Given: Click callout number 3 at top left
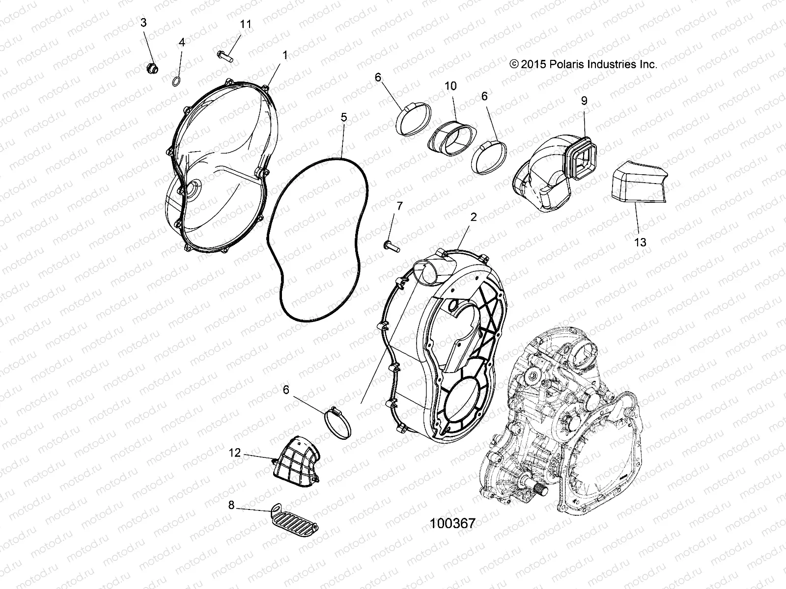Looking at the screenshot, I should (143, 23).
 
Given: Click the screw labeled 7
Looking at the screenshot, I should (390, 242).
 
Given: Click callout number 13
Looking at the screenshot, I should (640, 242).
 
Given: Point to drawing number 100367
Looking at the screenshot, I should (452, 523).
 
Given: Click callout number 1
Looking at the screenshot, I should (284, 55).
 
